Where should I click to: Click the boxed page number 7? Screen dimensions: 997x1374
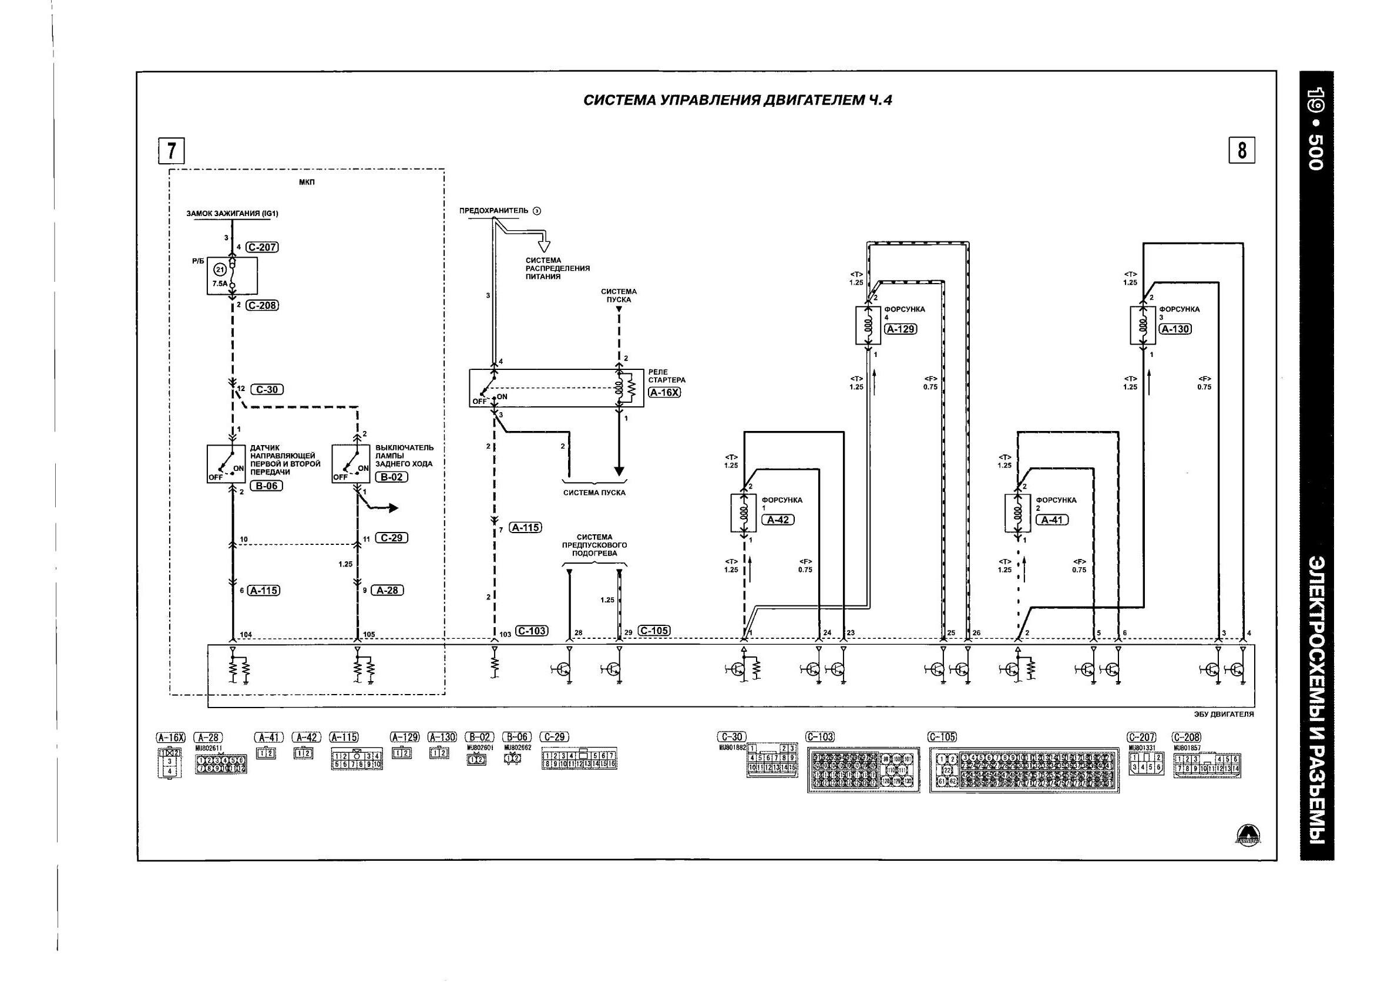172,151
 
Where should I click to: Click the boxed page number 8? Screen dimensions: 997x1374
1241,150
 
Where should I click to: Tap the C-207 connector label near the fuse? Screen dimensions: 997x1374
263,247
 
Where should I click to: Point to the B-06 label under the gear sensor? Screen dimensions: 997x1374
266,486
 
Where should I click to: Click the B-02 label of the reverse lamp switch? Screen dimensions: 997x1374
391,477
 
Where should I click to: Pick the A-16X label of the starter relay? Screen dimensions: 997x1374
664,392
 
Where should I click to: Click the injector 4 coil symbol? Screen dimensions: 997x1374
868,325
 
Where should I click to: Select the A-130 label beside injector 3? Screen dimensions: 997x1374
1175,329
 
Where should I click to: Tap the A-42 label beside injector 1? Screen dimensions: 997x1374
778,520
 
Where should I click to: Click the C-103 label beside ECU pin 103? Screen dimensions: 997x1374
531,631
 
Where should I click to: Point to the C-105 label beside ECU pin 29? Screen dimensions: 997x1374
654,631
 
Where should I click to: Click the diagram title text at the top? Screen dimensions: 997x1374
737,100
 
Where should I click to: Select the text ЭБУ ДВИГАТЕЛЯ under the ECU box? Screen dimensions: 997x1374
1224,714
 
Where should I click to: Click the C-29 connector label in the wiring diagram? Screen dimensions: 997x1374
391,538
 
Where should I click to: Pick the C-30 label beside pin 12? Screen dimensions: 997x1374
267,389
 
